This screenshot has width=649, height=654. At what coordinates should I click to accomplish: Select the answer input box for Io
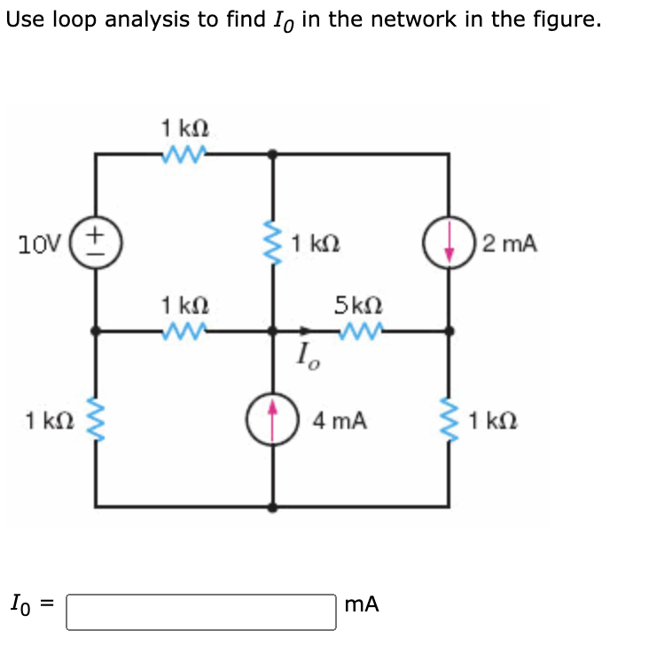coord(201,611)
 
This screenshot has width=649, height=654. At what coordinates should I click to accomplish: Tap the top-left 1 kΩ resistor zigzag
coord(184,154)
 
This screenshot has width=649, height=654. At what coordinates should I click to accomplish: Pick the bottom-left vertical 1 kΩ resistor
coord(96,419)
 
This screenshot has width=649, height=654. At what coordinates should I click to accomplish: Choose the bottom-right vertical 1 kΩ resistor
coord(450,419)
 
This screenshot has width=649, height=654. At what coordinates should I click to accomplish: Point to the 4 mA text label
coord(340,420)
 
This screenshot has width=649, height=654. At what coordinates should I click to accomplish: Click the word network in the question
coord(411,19)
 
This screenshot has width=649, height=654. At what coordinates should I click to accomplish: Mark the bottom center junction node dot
coord(273,508)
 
